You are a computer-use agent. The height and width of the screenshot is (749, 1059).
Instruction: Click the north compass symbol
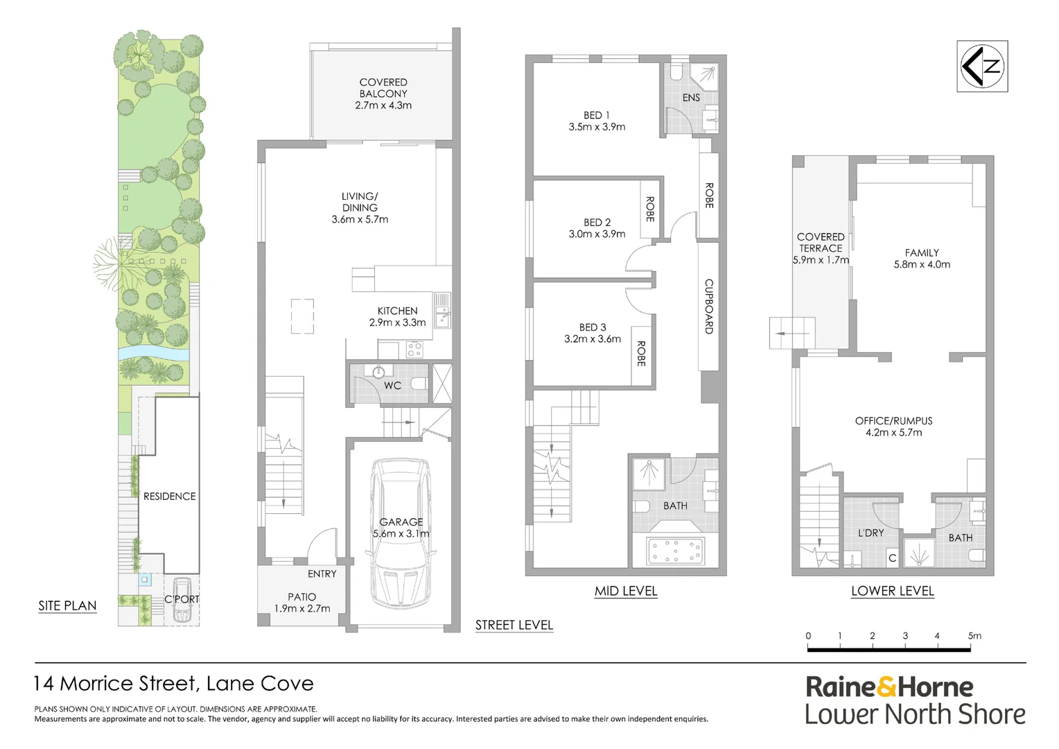click(x=982, y=67)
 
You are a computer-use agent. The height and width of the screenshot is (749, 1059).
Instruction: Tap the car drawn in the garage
click(x=401, y=534)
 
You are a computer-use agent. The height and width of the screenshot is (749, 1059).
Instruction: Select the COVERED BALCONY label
click(x=383, y=88)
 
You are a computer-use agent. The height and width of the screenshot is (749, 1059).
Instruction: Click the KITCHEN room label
click(x=397, y=311)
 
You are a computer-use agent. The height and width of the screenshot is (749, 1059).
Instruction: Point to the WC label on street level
click(x=392, y=386)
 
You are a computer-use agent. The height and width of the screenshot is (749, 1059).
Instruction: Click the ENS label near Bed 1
click(x=691, y=98)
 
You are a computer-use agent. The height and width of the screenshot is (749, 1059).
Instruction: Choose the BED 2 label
click(x=597, y=223)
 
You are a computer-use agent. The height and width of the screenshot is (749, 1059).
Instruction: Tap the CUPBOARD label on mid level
click(x=708, y=307)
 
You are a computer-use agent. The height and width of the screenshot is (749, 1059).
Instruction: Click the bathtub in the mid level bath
click(x=675, y=551)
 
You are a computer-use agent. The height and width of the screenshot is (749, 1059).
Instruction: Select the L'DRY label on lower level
click(x=870, y=533)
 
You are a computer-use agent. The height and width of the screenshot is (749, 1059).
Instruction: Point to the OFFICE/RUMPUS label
click(x=893, y=421)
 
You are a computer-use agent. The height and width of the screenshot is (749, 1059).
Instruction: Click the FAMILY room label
click(x=922, y=253)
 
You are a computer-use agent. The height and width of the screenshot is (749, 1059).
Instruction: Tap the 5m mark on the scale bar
click(x=974, y=636)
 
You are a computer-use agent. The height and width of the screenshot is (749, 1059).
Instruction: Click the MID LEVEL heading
click(x=626, y=592)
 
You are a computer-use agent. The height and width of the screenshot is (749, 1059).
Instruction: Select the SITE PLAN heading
click(x=67, y=606)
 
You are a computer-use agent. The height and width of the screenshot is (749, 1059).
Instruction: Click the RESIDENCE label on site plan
click(x=169, y=497)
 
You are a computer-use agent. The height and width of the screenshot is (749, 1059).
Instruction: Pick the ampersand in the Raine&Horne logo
click(x=886, y=687)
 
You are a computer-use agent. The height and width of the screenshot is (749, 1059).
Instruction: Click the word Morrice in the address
click(x=97, y=684)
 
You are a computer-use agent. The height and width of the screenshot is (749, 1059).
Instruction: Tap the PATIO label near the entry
click(x=301, y=597)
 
